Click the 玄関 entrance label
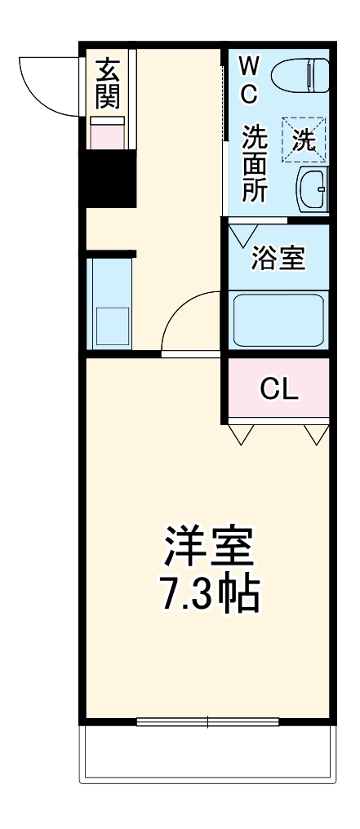tap(107, 83)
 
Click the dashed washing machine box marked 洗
tap(304, 139)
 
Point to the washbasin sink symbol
tap(313, 192)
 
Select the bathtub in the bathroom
tap(278, 321)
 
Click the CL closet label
tap(278, 389)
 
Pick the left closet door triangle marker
tap(241, 436)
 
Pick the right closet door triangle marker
tap(316, 436)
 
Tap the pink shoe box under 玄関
tap(107, 132)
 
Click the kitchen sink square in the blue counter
tap(112, 326)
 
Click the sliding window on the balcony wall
tap(207, 721)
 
